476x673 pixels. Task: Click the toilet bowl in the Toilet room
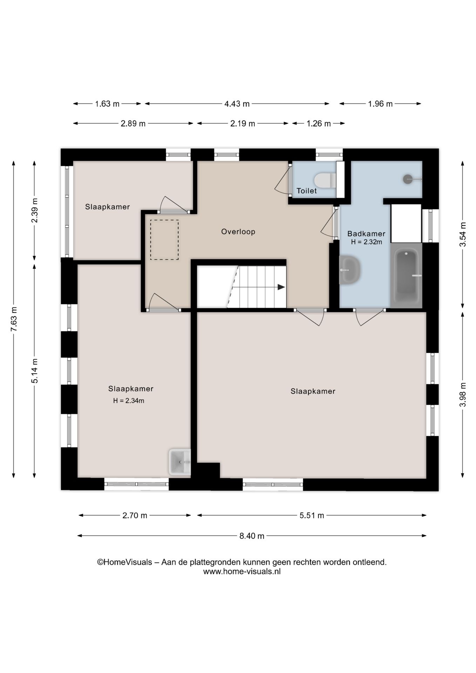(x=325, y=180)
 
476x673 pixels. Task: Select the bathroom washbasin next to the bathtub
(x=350, y=269)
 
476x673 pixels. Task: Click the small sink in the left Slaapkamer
(x=180, y=462)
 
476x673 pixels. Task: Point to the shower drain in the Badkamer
(x=408, y=179)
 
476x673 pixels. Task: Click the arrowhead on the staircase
(x=281, y=287)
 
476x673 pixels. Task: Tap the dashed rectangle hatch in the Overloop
(x=164, y=240)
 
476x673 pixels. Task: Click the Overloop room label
(x=238, y=232)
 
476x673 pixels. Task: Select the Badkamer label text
(x=366, y=234)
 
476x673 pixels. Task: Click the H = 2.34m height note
(x=129, y=401)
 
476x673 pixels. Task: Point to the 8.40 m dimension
(x=252, y=536)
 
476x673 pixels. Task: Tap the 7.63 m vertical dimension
(x=14, y=319)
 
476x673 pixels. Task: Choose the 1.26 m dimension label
(x=319, y=123)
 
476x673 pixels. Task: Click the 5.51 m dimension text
(x=312, y=515)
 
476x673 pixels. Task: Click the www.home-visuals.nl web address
(x=242, y=572)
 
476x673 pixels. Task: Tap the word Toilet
(x=307, y=191)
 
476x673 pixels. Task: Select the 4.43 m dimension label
(x=237, y=104)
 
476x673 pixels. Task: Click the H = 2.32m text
(x=366, y=242)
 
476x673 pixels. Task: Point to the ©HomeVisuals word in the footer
(x=124, y=562)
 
